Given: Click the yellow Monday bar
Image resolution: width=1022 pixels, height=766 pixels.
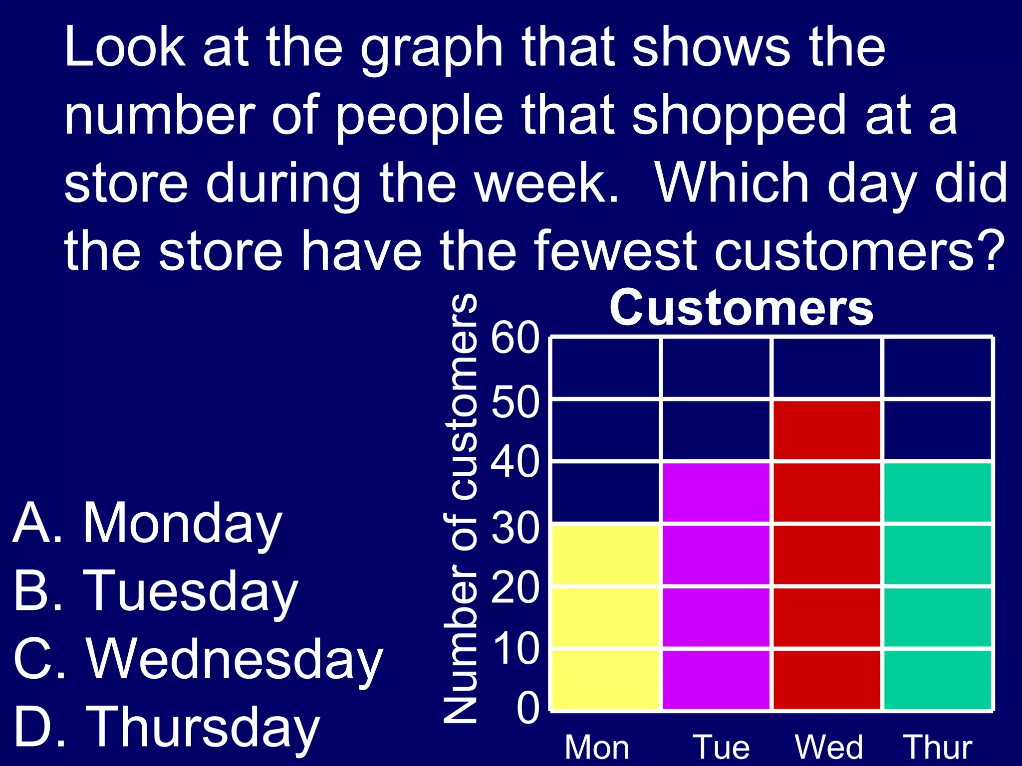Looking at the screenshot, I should click(x=605, y=616).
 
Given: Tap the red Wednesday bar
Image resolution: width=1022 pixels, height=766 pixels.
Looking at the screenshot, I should click(x=827, y=555).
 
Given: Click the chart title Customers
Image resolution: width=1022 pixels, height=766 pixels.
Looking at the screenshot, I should click(x=741, y=308).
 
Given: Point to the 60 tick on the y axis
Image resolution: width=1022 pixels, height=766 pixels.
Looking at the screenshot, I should click(x=515, y=339).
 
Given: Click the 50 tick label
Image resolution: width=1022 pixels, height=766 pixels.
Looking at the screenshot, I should click(x=515, y=402).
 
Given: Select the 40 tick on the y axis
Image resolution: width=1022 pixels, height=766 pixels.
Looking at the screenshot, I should click(x=515, y=463).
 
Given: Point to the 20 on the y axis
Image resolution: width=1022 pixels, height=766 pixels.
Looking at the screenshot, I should click(x=515, y=588).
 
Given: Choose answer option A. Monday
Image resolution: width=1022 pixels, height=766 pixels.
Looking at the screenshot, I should click(x=148, y=524).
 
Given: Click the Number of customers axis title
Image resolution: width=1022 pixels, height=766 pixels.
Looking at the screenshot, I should click(x=461, y=509).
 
